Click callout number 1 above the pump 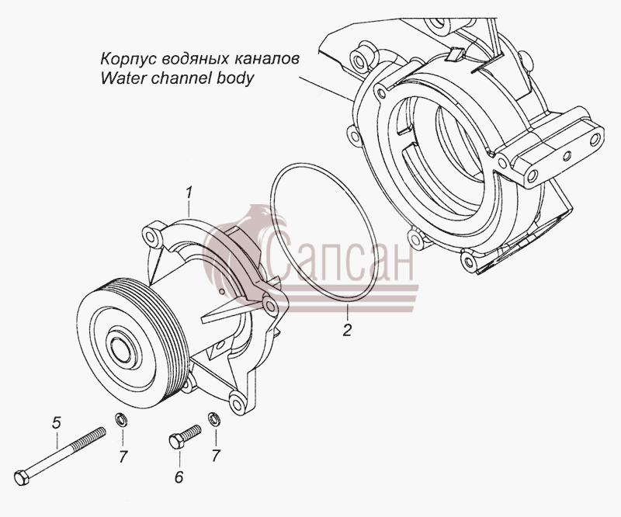click(189, 193)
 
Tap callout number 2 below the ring click(347, 331)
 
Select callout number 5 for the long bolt click(57, 422)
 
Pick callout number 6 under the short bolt click(179, 477)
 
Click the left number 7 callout click(123, 456)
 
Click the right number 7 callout click(216, 456)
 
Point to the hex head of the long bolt click(22, 477)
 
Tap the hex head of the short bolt click(175, 442)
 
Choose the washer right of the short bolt click(214, 418)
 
